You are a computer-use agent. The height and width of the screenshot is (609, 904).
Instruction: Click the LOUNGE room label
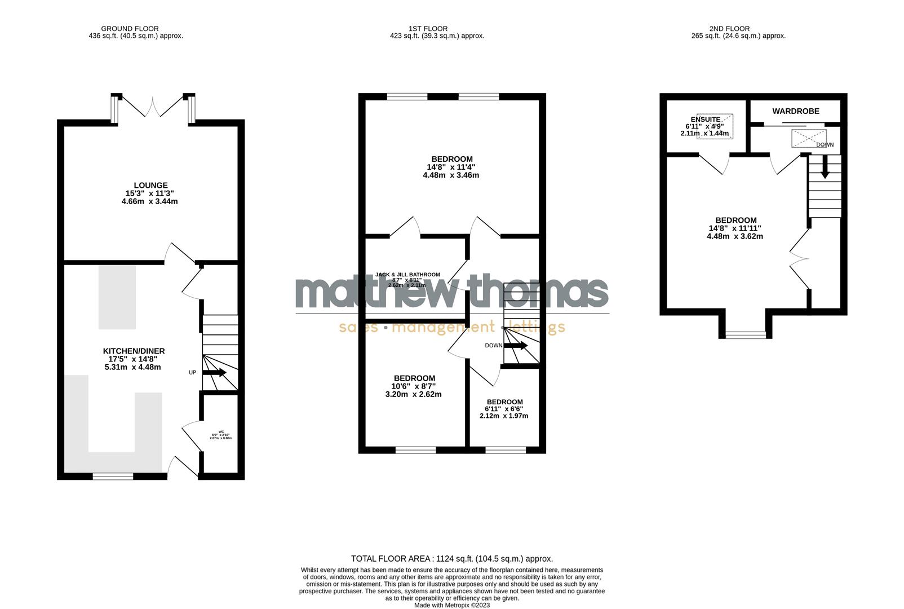click(x=150, y=186)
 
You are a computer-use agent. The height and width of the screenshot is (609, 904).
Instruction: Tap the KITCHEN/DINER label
click(x=134, y=351)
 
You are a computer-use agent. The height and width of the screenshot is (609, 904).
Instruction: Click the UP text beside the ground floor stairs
click(x=192, y=373)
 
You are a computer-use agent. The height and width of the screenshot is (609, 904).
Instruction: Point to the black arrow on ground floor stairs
click(x=214, y=373)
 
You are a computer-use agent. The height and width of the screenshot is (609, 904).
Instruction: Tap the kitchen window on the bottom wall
click(x=113, y=476)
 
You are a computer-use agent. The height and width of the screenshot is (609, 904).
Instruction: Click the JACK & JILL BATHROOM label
click(x=407, y=275)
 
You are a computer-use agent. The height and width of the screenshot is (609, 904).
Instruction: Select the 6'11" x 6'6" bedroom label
click(x=504, y=402)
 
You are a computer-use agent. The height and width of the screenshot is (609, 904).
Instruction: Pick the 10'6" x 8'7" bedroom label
click(x=414, y=378)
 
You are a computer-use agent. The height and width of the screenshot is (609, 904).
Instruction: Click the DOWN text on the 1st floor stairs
click(x=493, y=346)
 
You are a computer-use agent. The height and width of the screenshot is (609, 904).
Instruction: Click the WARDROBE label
click(x=796, y=112)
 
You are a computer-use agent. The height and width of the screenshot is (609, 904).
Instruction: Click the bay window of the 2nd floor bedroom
click(x=746, y=335)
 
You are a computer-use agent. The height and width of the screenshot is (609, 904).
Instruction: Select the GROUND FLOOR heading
click(x=130, y=29)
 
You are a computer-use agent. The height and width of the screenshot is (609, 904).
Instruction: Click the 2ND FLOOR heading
click(x=729, y=29)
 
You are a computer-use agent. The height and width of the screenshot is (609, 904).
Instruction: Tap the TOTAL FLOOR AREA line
click(x=452, y=559)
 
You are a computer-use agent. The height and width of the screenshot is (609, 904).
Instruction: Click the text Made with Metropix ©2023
click(x=452, y=605)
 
